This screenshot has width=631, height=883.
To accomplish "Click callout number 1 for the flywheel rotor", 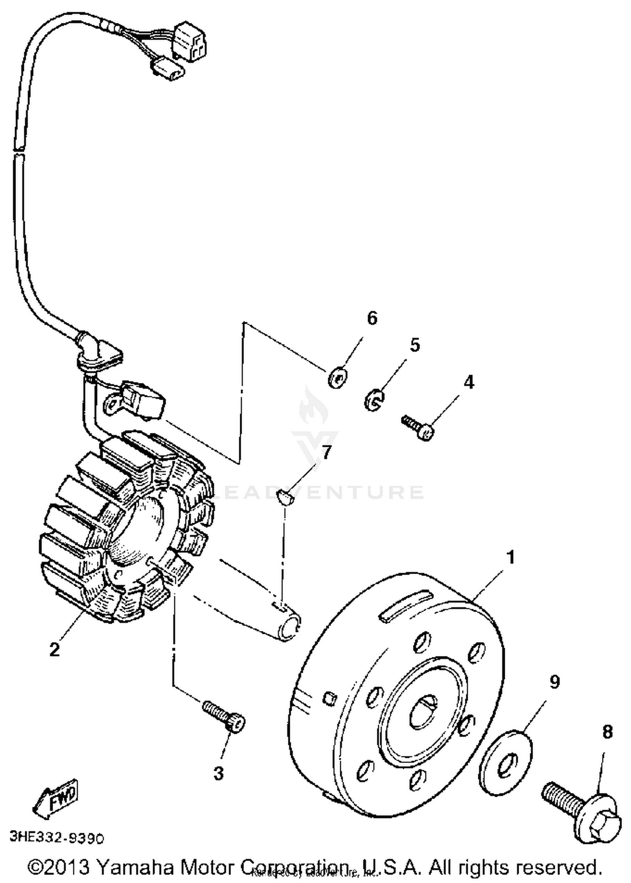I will pyautogui.click(x=511, y=557).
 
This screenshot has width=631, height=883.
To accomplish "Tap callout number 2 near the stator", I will pyautogui.click(x=55, y=649).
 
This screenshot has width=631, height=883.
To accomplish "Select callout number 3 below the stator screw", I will pyautogui.click(x=218, y=773).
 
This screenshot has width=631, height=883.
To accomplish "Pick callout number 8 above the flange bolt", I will pyautogui.click(x=607, y=732).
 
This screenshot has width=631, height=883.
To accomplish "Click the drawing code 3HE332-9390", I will pyautogui.click(x=56, y=838).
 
